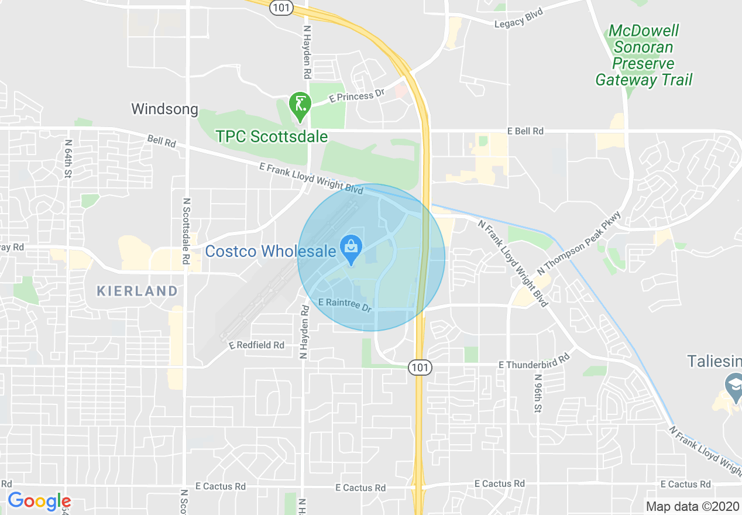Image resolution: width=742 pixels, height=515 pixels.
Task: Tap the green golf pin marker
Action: pyautogui.click(x=300, y=105)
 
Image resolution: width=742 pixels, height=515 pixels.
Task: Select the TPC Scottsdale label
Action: pyautogui.click(x=272, y=136)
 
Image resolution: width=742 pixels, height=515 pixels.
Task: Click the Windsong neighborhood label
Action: pyautogui.click(x=165, y=109)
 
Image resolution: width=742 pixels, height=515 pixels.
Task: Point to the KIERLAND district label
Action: pyautogui.click(x=137, y=291)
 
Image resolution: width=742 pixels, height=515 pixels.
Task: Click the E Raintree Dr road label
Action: pyautogui.click(x=346, y=304)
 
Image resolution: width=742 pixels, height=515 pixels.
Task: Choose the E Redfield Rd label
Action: pyautogui.click(x=257, y=345)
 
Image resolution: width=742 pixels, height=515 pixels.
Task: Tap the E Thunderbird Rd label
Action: pyautogui.click(x=534, y=361)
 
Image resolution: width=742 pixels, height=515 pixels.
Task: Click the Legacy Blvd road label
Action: pyautogui.click(x=518, y=19)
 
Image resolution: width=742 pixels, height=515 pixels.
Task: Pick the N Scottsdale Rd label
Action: pyautogui.click(x=186, y=231)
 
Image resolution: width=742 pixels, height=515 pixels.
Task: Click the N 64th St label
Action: pyautogui.click(x=68, y=159)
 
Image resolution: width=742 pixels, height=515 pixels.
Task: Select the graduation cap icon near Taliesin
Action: pyautogui.click(x=733, y=384)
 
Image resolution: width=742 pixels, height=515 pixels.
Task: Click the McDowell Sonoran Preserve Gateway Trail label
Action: pyautogui.click(x=644, y=55)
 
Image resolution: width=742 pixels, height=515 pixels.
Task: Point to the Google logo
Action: pyautogui.click(x=39, y=501)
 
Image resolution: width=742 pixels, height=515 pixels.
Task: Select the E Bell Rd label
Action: pyautogui.click(x=525, y=131)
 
